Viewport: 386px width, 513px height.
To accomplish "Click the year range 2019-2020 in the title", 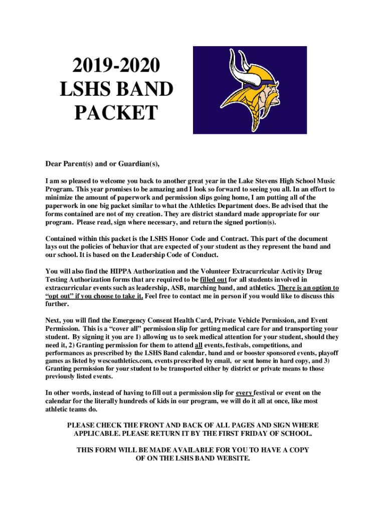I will (116, 66).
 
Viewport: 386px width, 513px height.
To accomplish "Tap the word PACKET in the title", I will (116, 113).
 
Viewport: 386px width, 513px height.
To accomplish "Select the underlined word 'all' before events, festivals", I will (199, 345).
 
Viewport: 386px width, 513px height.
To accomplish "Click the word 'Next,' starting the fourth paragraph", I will (54, 321).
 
